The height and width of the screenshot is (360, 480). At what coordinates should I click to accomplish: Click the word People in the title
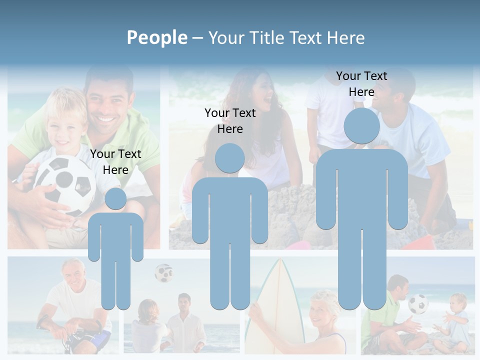[156, 37]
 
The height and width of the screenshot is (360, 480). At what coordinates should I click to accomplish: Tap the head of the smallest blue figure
[115, 198]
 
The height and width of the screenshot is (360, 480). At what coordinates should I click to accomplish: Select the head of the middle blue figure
[230, 158]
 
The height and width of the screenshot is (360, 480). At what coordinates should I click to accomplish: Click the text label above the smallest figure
[115, 162]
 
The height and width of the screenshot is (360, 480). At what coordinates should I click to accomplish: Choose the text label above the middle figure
[230, 121]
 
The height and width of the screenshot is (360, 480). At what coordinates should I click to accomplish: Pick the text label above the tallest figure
[361, 84]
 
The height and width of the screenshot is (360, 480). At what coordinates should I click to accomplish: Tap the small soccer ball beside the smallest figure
[163, 272]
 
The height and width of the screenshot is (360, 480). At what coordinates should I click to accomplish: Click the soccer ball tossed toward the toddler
[418, 303]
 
